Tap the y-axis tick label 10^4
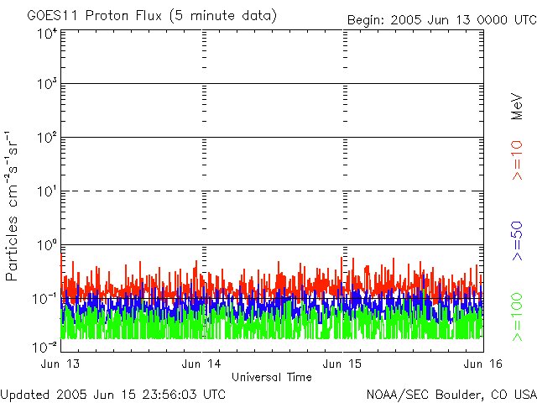click(x=47, y=34)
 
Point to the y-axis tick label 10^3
click(x=47, y=86)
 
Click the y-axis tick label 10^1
click(x=47, y=192)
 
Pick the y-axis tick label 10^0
click(x=47, y=246)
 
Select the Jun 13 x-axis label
click(x=58, y=364)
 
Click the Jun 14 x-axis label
click(x=202, y=364)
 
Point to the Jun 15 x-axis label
click(x=343, y=364)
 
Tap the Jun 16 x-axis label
click(x=483, y=364)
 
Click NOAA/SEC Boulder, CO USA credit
click(x=451, y=394)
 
